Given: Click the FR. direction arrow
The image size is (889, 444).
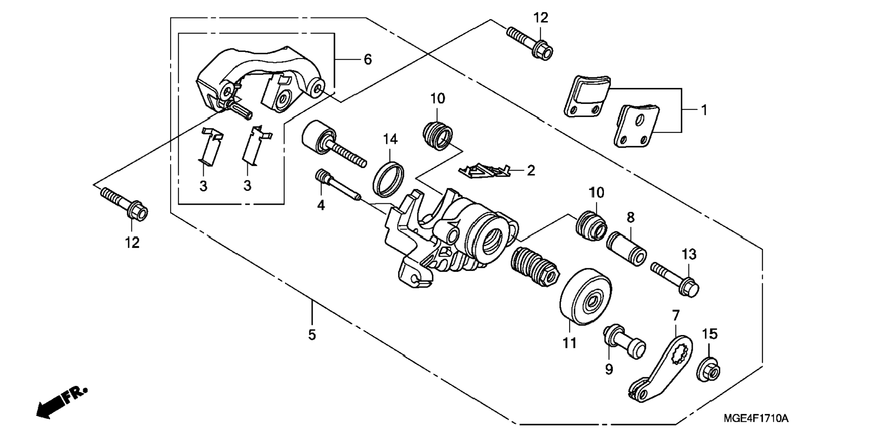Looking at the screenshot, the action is (x=61, y=402).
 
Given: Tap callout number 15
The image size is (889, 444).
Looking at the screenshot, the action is (x=710, y=334).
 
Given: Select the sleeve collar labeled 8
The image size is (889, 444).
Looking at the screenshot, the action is (x=627, y=248).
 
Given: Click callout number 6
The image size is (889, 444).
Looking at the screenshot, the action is (x=367, y=59).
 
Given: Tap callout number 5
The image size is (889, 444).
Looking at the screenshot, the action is (x=312, y=335).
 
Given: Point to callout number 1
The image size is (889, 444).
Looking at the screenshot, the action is (x=704, y=110).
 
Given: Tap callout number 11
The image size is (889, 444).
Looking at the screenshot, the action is (x=570, y=343).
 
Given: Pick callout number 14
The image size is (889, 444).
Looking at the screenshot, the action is (x=390, y=138).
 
